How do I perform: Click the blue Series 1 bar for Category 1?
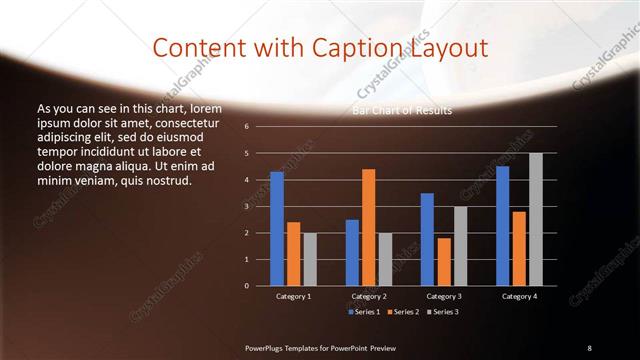click(x=276, y=229)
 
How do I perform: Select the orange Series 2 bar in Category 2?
click(x=368, y=227)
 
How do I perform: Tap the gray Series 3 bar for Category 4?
click(x=536, y=219)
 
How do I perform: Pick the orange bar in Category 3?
click(x=443, y=262)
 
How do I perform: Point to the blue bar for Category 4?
click(x=502, y=226)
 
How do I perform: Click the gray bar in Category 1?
click(x=310, y=259)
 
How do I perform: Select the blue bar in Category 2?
click(x=352, y=252)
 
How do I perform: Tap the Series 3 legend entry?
click(x=441, y=313)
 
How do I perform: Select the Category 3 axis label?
click(x=443, y=296)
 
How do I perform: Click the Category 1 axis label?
click(x=293, y=296)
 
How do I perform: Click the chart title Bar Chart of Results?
click(x=402, y=110)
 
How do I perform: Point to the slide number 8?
click(x=589, y=347)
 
